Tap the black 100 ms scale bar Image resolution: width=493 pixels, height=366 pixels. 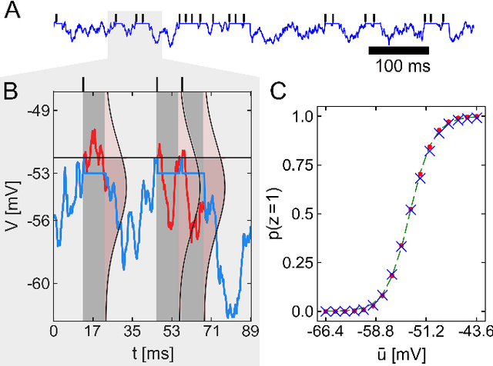click(x=398, y=51)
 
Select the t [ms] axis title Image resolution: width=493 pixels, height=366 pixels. click(x=151, y=354)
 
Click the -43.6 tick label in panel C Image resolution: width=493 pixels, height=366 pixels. click(x=478, y=334)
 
